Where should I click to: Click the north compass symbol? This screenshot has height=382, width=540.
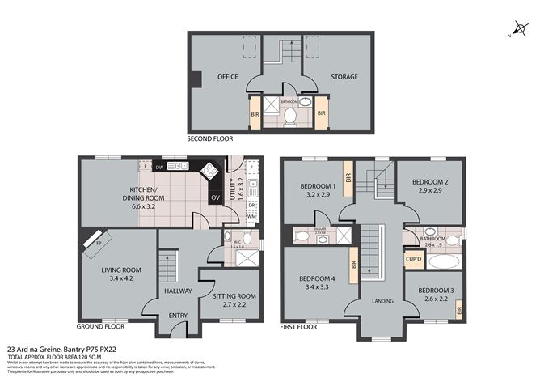click(x=519, y=30)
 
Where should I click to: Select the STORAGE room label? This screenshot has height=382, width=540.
click(x=344, y=77)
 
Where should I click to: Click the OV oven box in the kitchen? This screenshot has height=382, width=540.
click(x=215, y=197)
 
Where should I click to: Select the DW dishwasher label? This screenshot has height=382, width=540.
click(x=160, y=168)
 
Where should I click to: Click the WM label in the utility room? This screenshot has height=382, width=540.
click(x=251, y=217)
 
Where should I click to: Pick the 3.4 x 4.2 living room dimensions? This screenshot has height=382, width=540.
click(x=121, y=279)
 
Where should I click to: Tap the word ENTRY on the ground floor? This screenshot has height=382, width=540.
click(x=177, y=316)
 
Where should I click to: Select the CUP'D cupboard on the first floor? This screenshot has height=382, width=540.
click(x=413, y=260)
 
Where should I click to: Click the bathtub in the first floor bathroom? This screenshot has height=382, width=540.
click(x=442, y=262)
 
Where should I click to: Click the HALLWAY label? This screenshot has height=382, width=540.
click(x=177, y=291)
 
